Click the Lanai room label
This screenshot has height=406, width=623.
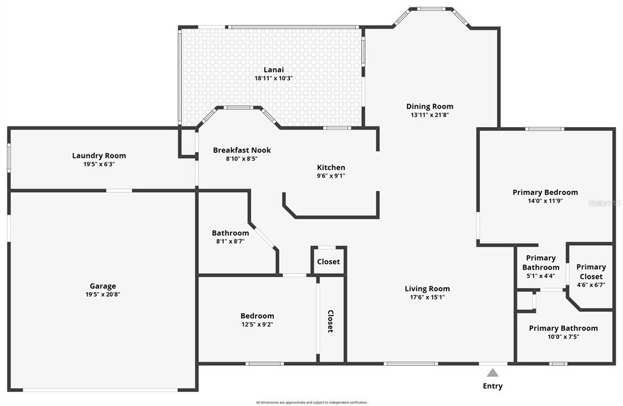coord(274,70)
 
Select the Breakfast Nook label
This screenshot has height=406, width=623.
coord(242,150)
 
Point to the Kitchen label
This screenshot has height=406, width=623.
coord(331,168)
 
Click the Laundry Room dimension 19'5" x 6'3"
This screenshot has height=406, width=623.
coord(99,164)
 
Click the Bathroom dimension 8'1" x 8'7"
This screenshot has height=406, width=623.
coord(230,241)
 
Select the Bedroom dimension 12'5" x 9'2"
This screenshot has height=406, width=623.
coord(257,325)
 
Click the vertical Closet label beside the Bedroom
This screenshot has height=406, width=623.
coord(331,321)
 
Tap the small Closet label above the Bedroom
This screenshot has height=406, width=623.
coord(329,262)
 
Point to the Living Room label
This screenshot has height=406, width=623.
coord(427,289)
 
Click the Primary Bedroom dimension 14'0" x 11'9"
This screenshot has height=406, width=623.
coord(545,201)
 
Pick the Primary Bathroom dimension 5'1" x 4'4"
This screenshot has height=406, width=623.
coord(540,276)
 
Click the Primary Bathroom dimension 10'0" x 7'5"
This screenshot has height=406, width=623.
coord(563,337)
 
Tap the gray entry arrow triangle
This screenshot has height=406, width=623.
coord(493,373)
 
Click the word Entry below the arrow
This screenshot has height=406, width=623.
coord(493,386)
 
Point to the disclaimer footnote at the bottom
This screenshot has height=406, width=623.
coord(311,402)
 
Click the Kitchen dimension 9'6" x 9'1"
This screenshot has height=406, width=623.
coord(331,176)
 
